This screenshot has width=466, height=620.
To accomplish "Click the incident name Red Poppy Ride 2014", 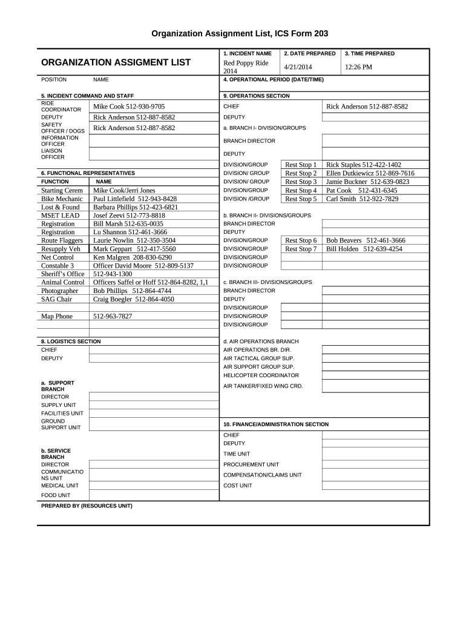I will click(246, 67).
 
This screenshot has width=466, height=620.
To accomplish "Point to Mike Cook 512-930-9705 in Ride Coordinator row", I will click(129, 106).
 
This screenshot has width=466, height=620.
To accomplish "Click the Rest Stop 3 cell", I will click(301, 182).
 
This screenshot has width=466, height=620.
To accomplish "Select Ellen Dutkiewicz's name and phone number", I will click(370, 173).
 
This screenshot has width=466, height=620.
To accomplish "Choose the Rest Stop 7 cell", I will click(301, 249).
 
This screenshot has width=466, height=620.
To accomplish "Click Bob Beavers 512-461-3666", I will click(366, 240).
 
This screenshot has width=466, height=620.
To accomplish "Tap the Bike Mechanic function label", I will click(62, 199).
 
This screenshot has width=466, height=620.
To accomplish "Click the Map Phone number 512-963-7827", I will click(113, 316).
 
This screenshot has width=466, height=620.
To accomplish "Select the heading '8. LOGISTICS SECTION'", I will click(71, 341).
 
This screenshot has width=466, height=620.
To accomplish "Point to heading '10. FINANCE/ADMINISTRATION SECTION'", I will click(276, 424).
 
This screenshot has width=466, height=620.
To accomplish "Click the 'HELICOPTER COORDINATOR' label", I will click(261, 375).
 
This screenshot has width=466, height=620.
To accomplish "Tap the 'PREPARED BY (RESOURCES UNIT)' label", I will click(87, 506).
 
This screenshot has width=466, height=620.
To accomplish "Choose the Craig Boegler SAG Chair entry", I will click(133, 299).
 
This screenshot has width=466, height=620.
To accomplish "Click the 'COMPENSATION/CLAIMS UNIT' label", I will click(262, 475).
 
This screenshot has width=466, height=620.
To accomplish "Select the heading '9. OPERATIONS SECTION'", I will click(257, 96).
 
